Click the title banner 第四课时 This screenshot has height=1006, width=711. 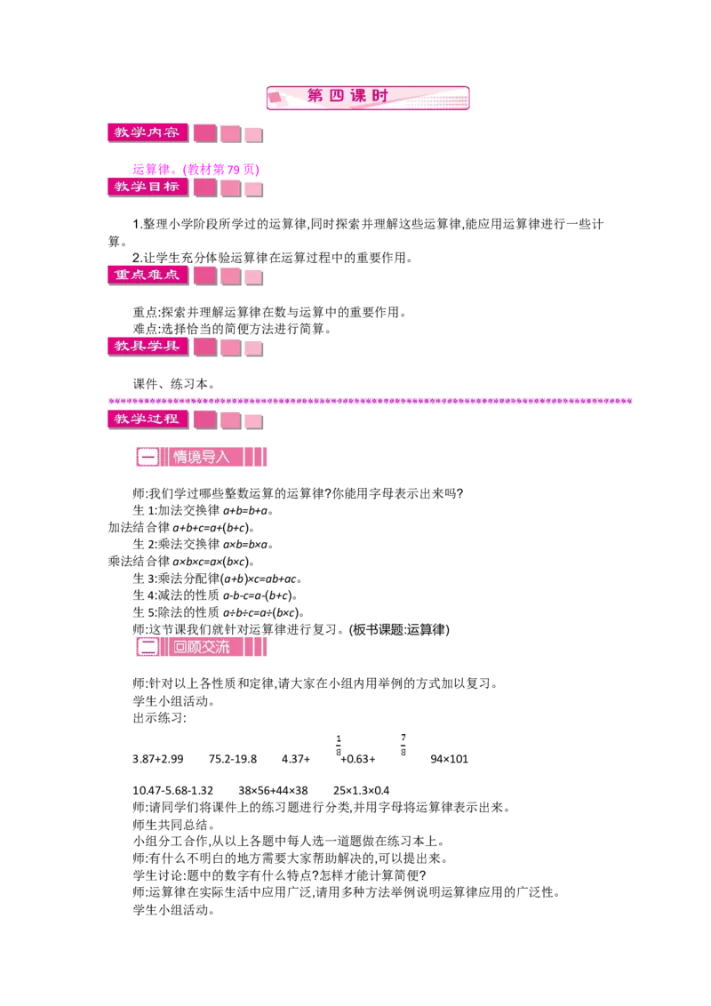coord(368,98)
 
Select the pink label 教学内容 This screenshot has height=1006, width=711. coord(148,132)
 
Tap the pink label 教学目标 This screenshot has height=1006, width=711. coord(148,187)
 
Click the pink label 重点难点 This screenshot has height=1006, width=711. coord(148,275)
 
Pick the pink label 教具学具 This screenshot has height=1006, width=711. coord(148,347)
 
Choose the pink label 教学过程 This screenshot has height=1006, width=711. coord(148,419)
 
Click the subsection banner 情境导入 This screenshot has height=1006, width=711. coord(201,457)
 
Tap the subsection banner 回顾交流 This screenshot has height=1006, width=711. coord(201,647)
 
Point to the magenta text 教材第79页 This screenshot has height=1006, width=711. coord(221,170)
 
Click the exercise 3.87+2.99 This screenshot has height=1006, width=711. coord(158,759)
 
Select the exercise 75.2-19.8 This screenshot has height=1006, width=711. coord(232,759)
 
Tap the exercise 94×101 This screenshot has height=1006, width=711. coord(449,759)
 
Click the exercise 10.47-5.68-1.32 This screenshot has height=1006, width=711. coord(172,790)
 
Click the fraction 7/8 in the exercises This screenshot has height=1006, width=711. coord(403,745)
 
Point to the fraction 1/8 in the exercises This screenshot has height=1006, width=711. coord(339,746)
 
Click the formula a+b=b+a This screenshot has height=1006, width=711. coord(246,511)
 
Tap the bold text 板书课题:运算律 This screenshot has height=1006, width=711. coord(399,629)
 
